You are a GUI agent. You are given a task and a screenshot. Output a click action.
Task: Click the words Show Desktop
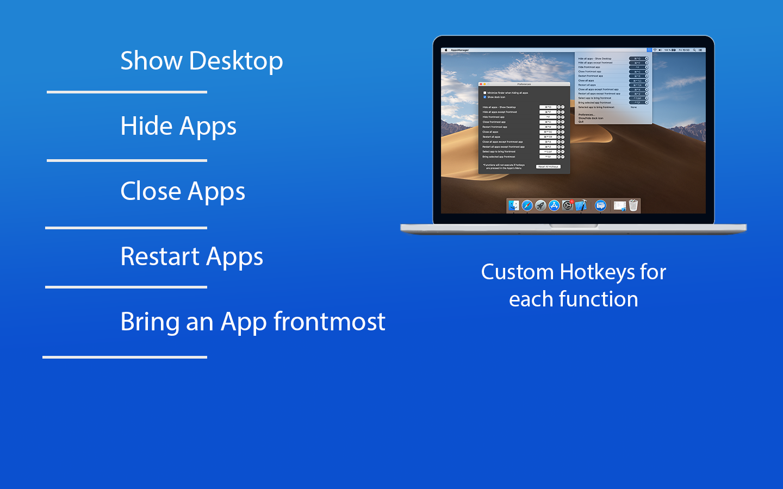(201, 60)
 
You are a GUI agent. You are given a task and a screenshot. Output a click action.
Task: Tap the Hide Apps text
(178, 126)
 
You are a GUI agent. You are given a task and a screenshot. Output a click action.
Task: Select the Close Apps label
(183, 191)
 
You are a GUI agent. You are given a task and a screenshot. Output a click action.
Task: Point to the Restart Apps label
(191, 256)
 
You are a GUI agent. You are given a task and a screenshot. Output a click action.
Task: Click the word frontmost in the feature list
(330, 322)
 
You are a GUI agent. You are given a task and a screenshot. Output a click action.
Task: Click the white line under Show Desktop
(127, 92)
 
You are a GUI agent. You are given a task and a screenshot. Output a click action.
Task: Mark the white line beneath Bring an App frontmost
(125, 357)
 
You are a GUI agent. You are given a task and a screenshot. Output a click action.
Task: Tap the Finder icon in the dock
(514, 205)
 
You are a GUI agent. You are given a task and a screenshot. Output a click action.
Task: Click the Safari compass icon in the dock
(527, 205)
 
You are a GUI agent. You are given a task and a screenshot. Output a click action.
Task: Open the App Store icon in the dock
(554, 205)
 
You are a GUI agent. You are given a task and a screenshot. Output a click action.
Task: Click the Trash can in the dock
(633, 205)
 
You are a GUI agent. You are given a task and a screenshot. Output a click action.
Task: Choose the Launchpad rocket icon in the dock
(540, 205)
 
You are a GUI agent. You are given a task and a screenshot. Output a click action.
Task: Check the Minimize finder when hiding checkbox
(484, 93)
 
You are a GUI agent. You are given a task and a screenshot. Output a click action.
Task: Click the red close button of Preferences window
(481, 84)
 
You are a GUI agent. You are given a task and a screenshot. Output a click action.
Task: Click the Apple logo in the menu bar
(446, 50)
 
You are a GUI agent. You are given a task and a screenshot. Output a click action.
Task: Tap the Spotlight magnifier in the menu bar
(694, 50)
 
